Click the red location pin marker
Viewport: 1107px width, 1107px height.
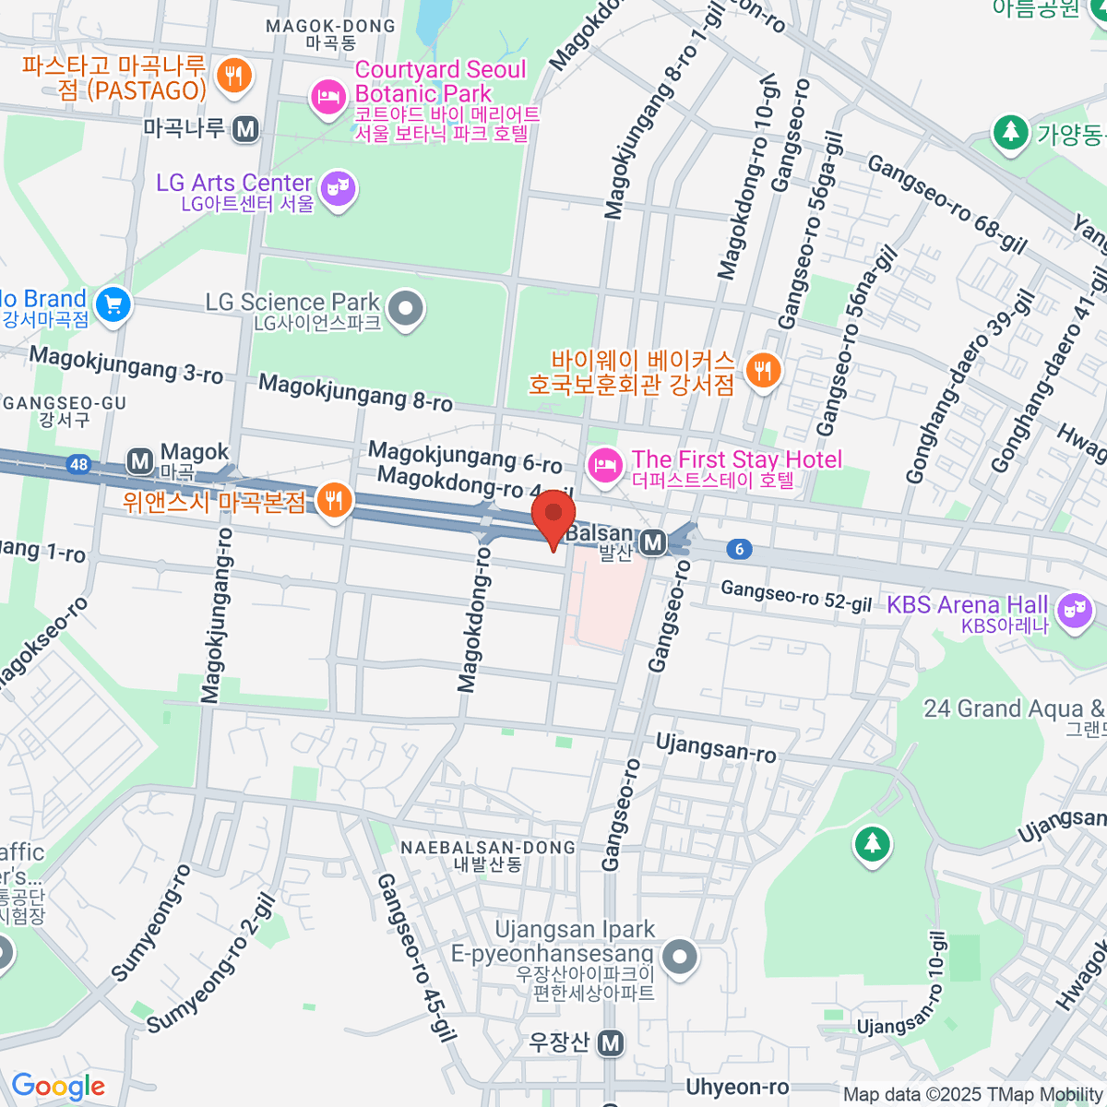[553, 517]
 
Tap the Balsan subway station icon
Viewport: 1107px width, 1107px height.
[653, 542]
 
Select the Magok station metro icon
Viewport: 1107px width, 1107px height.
[140, 460]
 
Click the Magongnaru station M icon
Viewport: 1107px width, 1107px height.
[245, 130]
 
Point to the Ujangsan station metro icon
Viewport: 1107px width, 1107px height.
[610, 1043]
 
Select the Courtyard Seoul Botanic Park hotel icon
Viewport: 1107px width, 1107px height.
[327, 97]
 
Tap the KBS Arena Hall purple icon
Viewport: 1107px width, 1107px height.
[1075, 610]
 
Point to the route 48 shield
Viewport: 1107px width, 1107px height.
[79, 464]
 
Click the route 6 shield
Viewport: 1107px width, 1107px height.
[738, 550]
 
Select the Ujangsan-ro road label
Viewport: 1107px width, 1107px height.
[716, 747]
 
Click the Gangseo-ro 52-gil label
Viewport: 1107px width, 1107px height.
[796, 596]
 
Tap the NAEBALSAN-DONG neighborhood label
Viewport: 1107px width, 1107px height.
[488, 848]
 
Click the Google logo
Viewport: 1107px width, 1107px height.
[58, 1087]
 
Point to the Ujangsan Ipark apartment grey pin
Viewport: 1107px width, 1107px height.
[681, 955]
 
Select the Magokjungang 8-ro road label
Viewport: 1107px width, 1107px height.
[355, 392]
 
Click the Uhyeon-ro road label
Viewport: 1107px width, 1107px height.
[737, 1087]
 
